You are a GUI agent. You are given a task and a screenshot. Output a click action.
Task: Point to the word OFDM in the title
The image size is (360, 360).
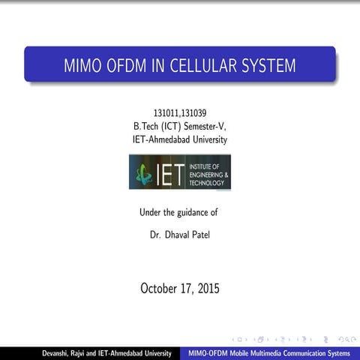click(128, 65)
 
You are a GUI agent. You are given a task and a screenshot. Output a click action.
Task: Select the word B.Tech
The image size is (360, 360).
click(145, 127)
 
